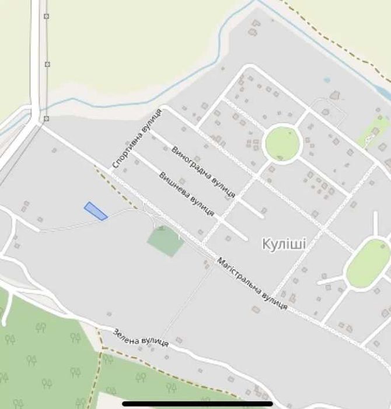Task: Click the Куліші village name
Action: [x=284, y=244]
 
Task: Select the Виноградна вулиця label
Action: [x=203, y=172]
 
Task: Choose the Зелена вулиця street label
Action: [x=141, y=337]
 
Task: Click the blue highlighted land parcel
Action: [x=96, y=211]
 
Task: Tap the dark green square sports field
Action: [x=165, y=241]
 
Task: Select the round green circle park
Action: [x=282, y=144]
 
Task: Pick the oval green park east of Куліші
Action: [x=368, y=264]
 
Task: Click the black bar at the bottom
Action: [x=198, y=403]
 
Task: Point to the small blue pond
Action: [x=327, y=80]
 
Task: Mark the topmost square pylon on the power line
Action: [x=47, y=16]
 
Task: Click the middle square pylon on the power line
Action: [x=47, y=64]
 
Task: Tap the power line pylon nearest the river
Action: [x=46, y=119]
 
